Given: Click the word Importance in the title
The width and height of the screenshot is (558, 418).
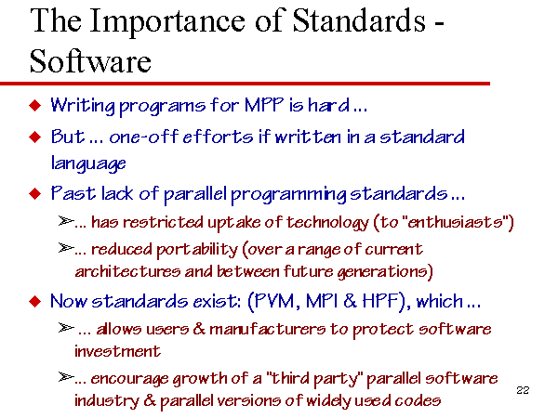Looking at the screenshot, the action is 167,22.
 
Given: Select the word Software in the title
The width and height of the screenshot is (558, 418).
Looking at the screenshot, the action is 90,61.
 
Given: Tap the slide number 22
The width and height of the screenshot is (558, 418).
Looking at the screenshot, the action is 523,390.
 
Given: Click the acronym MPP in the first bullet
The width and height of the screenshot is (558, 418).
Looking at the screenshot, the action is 264,105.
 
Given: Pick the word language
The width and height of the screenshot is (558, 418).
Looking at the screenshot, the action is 88,163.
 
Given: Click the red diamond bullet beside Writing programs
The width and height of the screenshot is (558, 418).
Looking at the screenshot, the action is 35,105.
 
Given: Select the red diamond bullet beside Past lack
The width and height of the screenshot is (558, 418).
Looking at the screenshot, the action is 35,193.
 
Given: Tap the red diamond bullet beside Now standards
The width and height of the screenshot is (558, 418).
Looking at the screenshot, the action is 35,301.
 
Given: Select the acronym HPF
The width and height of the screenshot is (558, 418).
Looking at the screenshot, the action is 379,301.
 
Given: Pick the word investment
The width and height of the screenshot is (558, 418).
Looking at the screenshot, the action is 117,351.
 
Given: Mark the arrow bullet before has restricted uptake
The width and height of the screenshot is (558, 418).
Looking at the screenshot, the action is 66,221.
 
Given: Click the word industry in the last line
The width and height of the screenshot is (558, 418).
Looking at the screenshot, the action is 106,400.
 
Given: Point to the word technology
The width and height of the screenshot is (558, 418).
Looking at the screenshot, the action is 327,223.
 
